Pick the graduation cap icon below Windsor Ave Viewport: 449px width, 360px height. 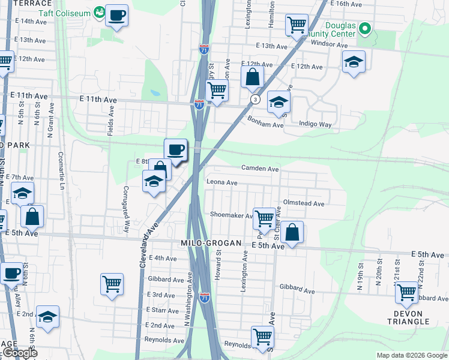[x=354, y=61]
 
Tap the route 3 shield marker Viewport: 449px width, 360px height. [x=255, y=100]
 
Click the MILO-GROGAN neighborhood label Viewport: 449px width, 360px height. [x=211, y=243]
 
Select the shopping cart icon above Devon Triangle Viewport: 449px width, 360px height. [x=406, y=292]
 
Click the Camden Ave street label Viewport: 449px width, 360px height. [x=260, y=169]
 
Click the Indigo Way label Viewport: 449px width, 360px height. [x=315, y=124]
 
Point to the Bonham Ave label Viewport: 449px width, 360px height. [x=265, y=122]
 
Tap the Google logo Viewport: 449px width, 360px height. [x=20, y=353]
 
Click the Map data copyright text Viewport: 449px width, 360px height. [x=411, y=355]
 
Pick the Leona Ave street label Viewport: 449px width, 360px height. [x=222, y=182]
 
